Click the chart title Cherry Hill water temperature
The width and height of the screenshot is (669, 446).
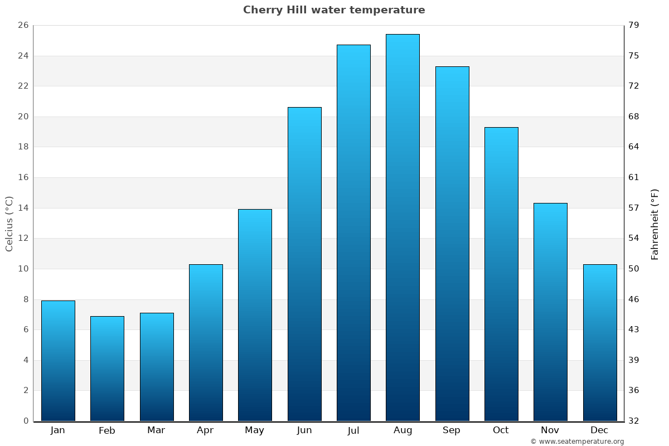[x=334, y=10]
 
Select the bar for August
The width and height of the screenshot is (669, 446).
[x=403, y=227]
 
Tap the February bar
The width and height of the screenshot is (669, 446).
[x=107, y=369]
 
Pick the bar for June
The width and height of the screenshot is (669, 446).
[x=304, y=264]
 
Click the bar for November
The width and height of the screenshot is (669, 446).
[x=550, y=312]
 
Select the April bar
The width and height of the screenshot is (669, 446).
[x=206, y=342]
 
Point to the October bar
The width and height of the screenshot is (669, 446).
[x=501, y=274]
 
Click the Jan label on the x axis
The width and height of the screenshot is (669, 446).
[x=57, y=430]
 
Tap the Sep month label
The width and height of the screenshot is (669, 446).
[x=452, y=430]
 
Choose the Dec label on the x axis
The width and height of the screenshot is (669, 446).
[x=599, y=430]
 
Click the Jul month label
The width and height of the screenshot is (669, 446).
[x=353, y=430]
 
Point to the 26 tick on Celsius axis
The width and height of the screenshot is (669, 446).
[x=23, y=26]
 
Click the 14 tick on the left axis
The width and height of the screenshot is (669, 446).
[x=23, y=208]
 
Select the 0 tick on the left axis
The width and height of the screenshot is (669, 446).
[x=26, y=421]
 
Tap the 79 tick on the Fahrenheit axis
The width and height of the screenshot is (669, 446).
[x=634, y=26]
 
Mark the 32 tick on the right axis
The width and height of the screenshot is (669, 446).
[x=634, y=421]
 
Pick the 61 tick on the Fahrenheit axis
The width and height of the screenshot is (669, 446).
[x=634, y=178]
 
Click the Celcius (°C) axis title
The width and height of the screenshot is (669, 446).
[x=9, y=224]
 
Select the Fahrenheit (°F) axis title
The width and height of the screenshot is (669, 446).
[x=655, y=224]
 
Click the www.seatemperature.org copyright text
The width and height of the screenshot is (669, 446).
[x=577, y=442]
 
